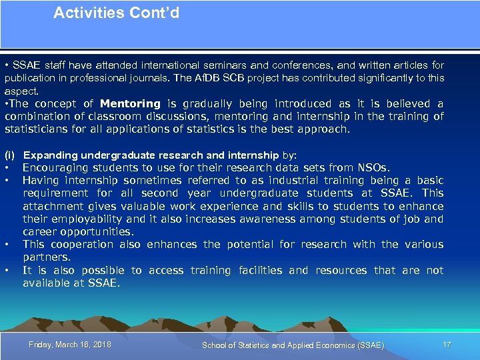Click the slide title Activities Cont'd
(116, 13)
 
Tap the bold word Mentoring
(130, 103)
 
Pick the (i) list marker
(10, 155)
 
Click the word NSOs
(373, 168)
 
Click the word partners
(46, 257)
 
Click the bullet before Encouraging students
(7, 168)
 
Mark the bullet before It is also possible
(7, 270)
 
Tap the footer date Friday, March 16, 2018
(70, 345)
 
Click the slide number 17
(447, 345)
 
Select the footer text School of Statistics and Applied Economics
(293, 345)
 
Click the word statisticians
(45, 129)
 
